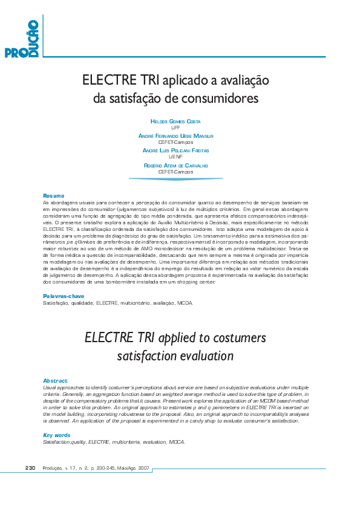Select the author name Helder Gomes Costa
tap(175, 122)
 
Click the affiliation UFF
tap(175, 128)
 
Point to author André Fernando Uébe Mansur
tap(175, 136)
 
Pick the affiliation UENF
tap(175, 157)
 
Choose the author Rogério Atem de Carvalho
tap(175, 165)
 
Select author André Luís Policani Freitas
tap(175, 150)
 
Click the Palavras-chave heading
tap(63, 296)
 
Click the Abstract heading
tap(55, 380)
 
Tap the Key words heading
tap(57, 435)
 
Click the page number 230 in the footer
tap(32, 468)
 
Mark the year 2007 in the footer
tap(143, 468)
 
